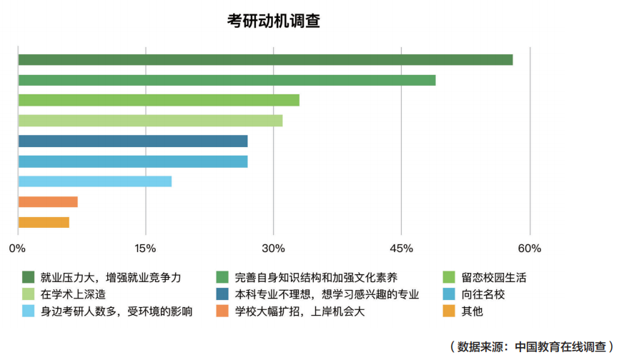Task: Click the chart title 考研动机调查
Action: [x=273, y=21]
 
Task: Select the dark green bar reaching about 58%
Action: [x=264, y=59]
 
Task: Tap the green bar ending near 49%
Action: [x=226, y=80]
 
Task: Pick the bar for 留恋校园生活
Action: [x=158, y=100]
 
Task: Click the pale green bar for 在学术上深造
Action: [x=149, y=120]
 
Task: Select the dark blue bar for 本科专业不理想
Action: [x=132, y=141]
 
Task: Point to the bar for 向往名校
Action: [x=132, y=161]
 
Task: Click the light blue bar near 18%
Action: [x=94, y=181]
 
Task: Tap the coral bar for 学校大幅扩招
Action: [x=47, y=201]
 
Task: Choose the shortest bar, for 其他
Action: [x=43, y=222]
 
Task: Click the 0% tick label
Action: [x=17, y=249]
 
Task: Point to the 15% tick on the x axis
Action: [x=145, y=249]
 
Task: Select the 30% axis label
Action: [x=273, y=249]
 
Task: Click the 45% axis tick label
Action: [x=401, y=249]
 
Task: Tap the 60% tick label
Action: [x=530, y=249]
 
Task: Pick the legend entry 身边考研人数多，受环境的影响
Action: [x=117, y=311]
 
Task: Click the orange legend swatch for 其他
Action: [x=449, y=311]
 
